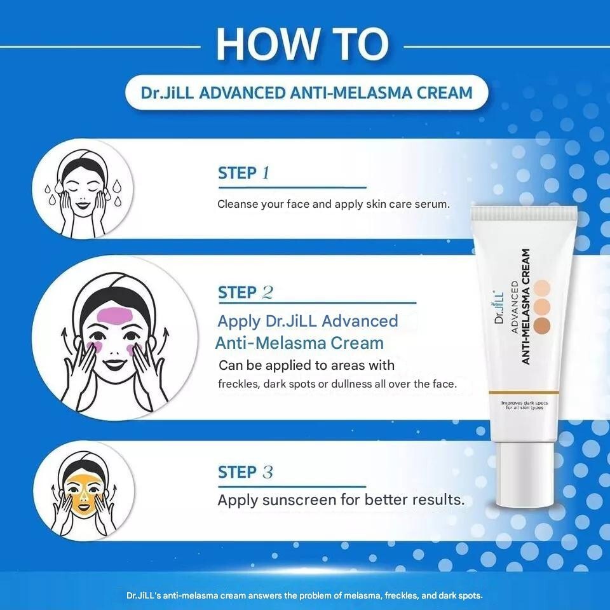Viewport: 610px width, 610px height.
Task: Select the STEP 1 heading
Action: (x=244, y=173)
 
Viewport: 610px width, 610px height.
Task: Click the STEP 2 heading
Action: (x=245, y=292)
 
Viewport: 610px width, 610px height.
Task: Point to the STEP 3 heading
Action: (x=245, y=472)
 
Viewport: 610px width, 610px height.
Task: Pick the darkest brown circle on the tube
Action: (x=542, y=325)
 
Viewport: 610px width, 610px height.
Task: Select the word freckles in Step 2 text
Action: (x=238, y=384)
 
